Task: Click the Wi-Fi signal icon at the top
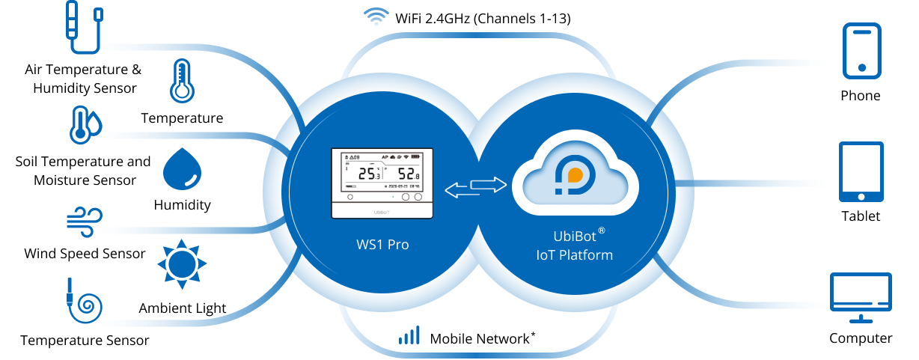(x=376, y=16)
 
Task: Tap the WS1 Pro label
(x=382, y=245)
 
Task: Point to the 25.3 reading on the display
(x=368, y=174)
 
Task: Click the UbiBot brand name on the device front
(x=382, y=212)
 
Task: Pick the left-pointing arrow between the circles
(x=460, y=192)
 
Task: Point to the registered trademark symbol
(x=601, y=231)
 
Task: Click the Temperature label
(x=182, y=120)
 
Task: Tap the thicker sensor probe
(x=72, y=25)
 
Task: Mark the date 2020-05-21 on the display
(x=394, y=186)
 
